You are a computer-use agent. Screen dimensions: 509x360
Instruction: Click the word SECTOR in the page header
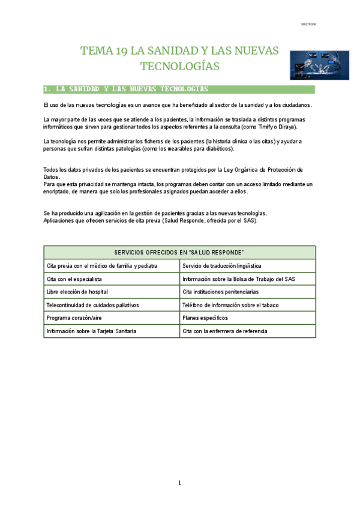tap(308, 24)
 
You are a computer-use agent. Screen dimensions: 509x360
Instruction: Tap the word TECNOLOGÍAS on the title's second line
tap(179, 65)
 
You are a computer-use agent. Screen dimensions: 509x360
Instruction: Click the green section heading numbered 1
tap(127, 89)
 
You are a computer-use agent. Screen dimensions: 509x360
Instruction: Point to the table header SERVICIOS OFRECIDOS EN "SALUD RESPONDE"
tap(179, 252)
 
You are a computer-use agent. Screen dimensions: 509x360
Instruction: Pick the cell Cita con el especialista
tap(74, 279)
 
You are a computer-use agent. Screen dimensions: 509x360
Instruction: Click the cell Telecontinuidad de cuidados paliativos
tap(92, 305)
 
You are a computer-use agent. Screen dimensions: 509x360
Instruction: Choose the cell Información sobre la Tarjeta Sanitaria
tap(91, 331)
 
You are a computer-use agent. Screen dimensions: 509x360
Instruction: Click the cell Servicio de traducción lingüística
tap(222, 265)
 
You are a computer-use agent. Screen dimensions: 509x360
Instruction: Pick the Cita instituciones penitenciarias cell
tap(221, 292)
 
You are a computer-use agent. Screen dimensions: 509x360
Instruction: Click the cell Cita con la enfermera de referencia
tap(225, 331)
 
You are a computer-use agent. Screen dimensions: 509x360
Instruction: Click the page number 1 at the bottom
tap(179, 483)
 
